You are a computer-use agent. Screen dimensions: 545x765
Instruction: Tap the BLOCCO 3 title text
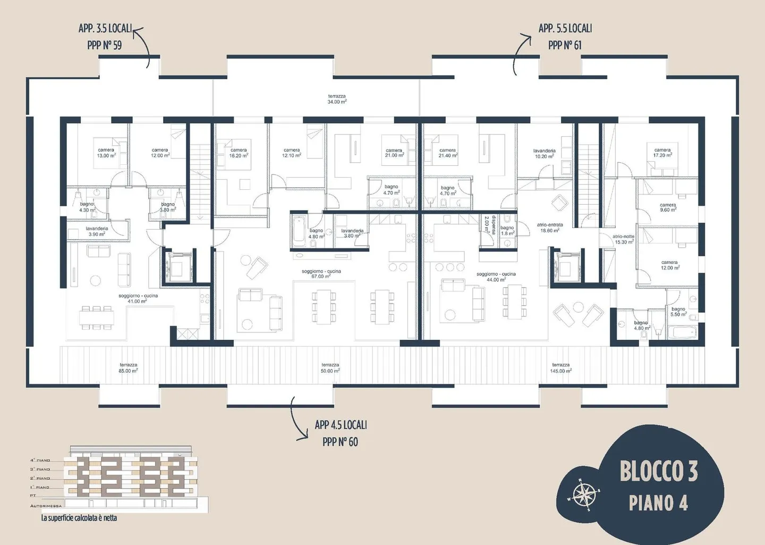[x=658, y=471]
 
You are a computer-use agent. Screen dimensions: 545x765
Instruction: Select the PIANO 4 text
[x=658, y=502]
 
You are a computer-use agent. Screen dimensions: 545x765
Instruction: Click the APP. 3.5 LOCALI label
[x=105, y=29]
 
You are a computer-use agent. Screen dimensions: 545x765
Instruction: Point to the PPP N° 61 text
[x=565, y=46]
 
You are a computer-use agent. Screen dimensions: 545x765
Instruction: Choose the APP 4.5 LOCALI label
[x=341, y=425]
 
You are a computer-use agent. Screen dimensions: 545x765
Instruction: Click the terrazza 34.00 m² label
[x=337, y=99]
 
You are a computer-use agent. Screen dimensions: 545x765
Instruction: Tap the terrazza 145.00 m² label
[x=560, y=368]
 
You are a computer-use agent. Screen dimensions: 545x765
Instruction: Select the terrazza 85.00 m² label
[x=128, y=368]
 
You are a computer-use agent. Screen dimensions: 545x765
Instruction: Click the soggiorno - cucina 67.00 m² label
[x=321, y=274]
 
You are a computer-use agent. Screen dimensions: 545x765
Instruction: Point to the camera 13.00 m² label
[x=106, y=153]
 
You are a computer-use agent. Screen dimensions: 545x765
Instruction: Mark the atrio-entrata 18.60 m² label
[x=549, y=228]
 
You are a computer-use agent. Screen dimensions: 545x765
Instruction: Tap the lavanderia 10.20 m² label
[x=544, y=154]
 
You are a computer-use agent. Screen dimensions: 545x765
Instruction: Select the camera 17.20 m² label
[x=662, y=153]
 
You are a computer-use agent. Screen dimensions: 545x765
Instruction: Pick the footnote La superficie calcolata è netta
[x=79, y=518]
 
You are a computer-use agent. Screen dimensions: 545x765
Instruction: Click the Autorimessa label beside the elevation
[x=46, y=506]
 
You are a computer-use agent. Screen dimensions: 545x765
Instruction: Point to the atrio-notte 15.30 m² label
[x=623, y=239]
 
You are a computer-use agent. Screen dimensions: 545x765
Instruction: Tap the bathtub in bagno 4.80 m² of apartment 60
[x=299, y=232]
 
